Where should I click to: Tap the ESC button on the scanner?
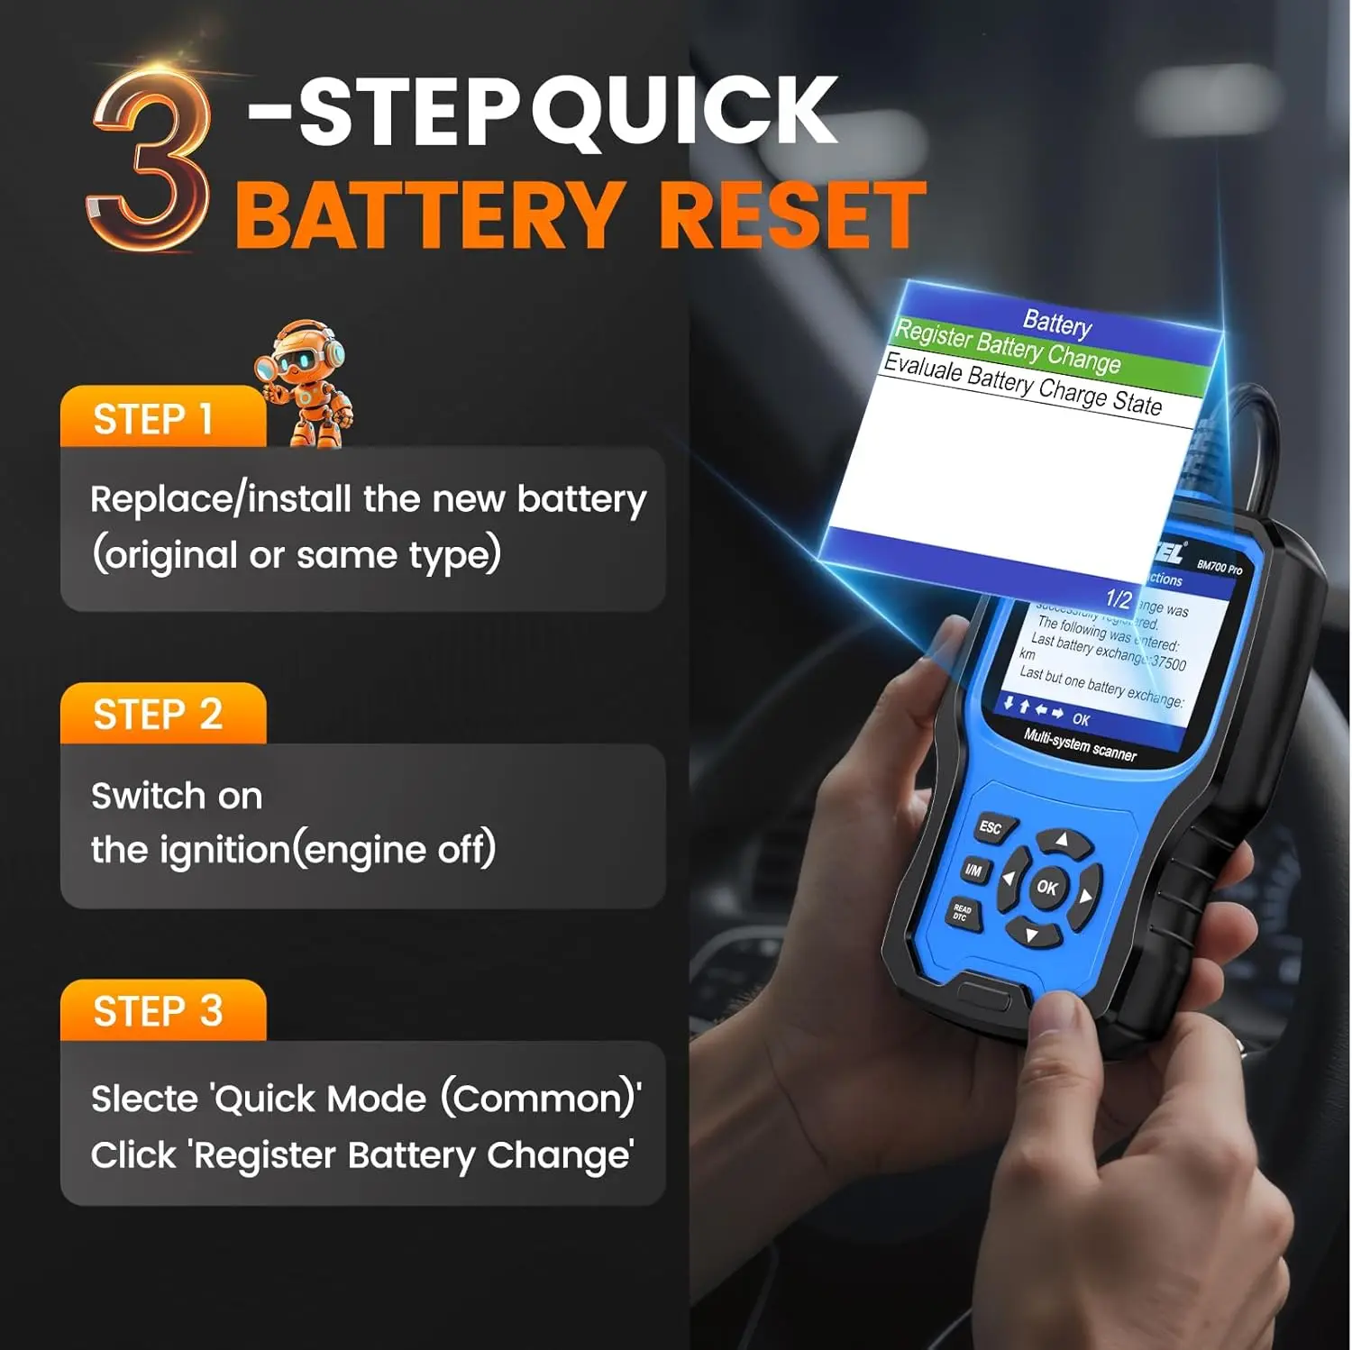click(x=991, y=827)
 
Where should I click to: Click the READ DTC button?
click(x=962, y=912)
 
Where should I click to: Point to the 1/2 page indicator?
click(x=1118, y=598)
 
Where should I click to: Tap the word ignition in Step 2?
click(x=224, y=850)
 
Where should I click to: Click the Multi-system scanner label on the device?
click(x=1079, y=744)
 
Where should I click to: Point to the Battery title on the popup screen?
click(x=1056, y=323)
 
